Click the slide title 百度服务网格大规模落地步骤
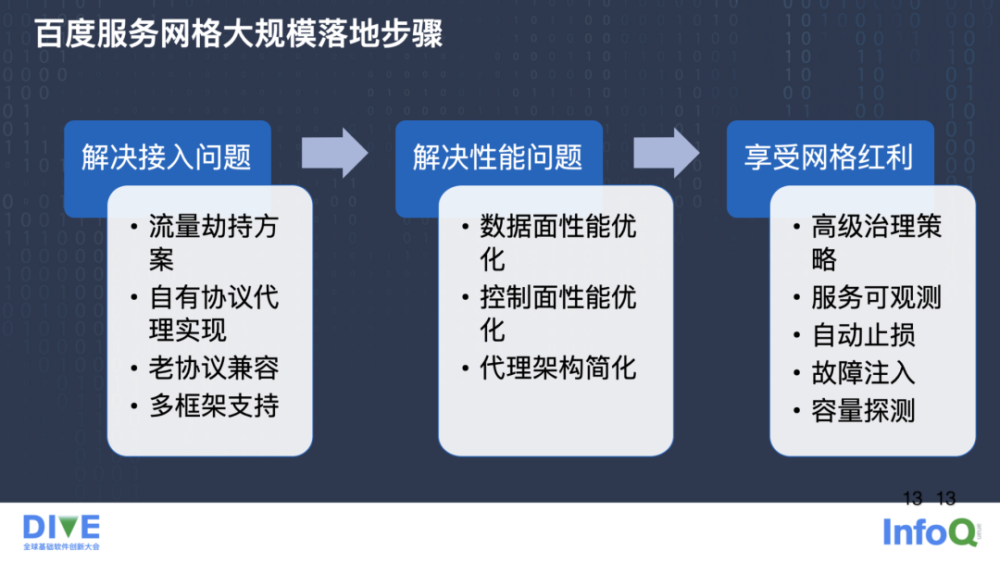(x=239, y=34)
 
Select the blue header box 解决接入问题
(x=167, y=156)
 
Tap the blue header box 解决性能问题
(x=498, y=156)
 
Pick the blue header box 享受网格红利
(x=829, y=156)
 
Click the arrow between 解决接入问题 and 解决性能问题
(x=334, y=153)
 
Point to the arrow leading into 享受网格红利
(x=666, y=153)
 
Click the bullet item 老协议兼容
(x=214, y=368)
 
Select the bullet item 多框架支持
(x=214, y=406)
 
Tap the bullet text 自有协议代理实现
(x=214, y=314)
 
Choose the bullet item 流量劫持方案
(x=214, y=243)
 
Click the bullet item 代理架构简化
(x=558, y=368)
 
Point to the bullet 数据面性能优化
(x=558, y=243)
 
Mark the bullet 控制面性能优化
(x=558, y=314)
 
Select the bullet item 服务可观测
(x=876, y=297)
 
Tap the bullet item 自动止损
(x=863, y=334)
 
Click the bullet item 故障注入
(x=863, y=372)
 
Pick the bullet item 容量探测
(x=863, y=410)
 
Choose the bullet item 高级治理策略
(x=876, y=243)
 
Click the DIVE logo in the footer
(x=61, y=531)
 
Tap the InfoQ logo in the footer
(x=929, y=531)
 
